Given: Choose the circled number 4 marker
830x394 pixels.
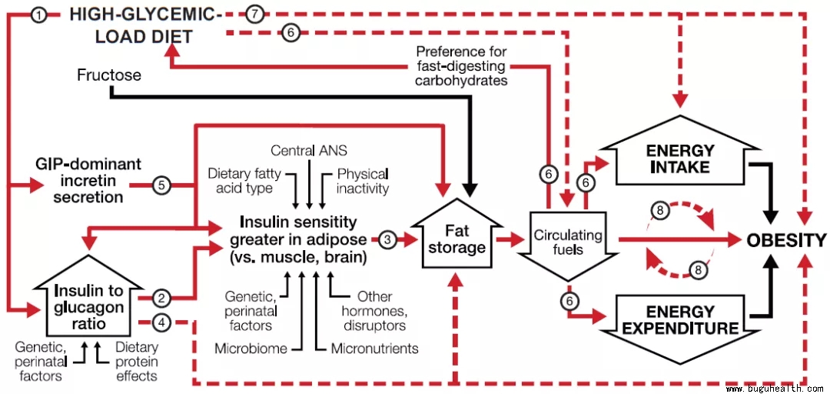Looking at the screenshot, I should (x=161, y=321).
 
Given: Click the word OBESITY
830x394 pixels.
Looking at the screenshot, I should (x=786, y=240).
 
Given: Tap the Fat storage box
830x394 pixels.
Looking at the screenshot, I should (x=456, y=239).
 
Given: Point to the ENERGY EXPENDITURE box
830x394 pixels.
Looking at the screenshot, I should (x=679, y=320).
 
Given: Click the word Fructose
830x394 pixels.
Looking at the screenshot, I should (x=109, y=75).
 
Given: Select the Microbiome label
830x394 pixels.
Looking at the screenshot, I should (x=251, y=349).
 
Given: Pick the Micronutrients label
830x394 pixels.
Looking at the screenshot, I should (x=374, y=349).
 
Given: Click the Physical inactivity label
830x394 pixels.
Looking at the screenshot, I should (x=363, y=180).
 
